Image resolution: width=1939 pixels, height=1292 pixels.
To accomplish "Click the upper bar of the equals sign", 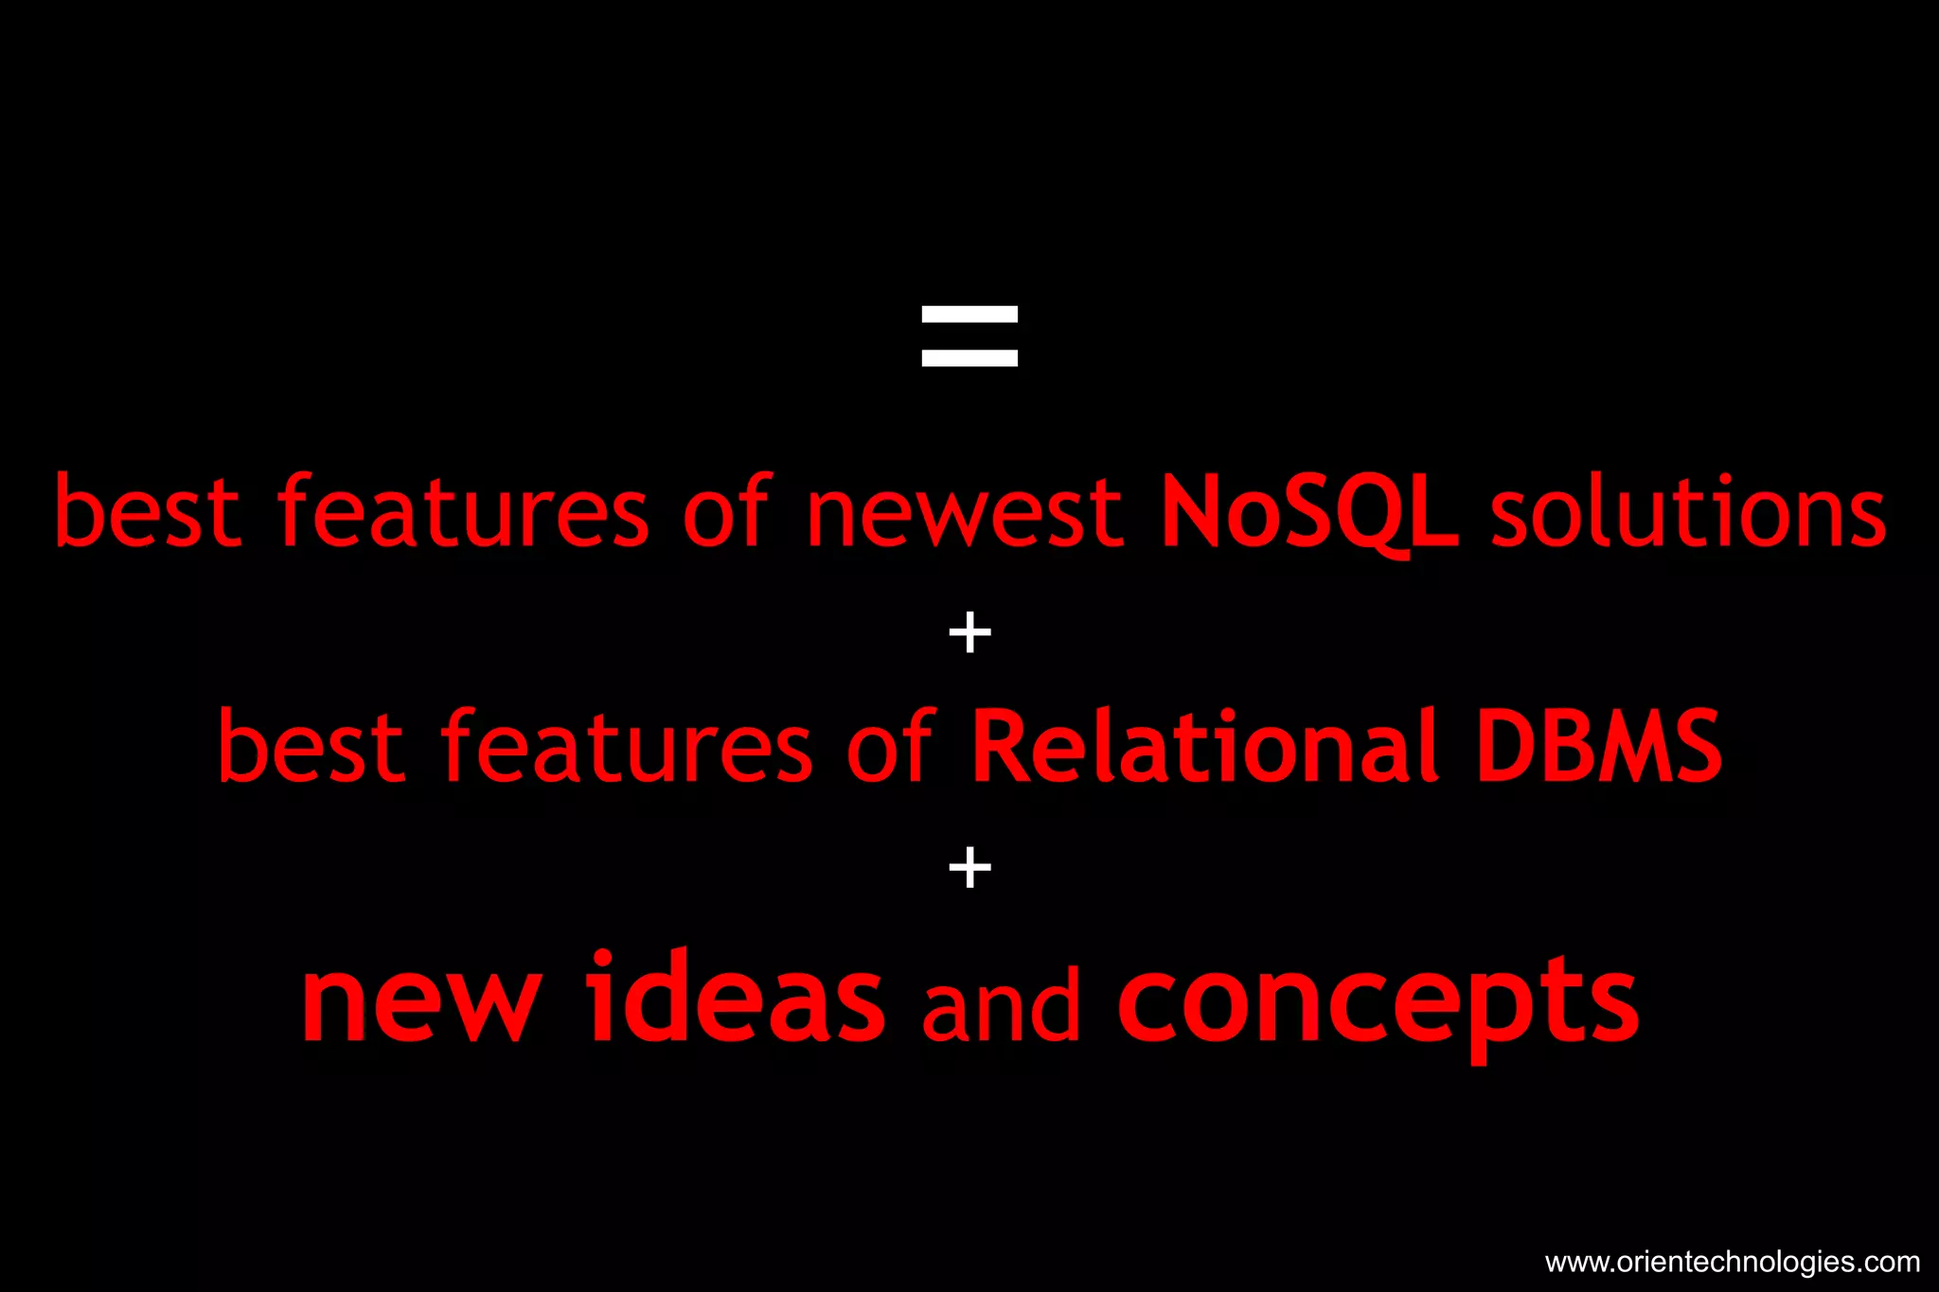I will coord(969,314).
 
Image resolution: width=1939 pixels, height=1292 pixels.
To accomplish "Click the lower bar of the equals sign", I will coord(969,358).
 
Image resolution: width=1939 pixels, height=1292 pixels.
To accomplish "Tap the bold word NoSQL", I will coord(1309,513).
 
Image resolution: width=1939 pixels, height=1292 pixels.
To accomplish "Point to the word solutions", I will coord(1688,513).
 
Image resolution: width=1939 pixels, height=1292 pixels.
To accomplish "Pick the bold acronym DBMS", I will coord(1599,748).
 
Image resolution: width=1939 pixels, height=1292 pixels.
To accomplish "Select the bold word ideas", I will coord(736,999).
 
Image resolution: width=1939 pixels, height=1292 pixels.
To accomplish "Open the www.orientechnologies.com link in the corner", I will coord(1732,1262).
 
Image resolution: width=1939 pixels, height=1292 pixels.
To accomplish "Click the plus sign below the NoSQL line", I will coord(969,632).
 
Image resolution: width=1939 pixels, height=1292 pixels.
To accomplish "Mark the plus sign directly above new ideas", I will coord(969,867).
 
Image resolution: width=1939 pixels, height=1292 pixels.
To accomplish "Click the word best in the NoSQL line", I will coord(148,513).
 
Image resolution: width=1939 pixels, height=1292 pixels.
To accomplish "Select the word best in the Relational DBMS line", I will coord(311,748).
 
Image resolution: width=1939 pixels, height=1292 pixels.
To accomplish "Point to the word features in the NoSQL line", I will coord(463,513).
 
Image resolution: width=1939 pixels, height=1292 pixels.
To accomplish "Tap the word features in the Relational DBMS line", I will coord(627,748).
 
